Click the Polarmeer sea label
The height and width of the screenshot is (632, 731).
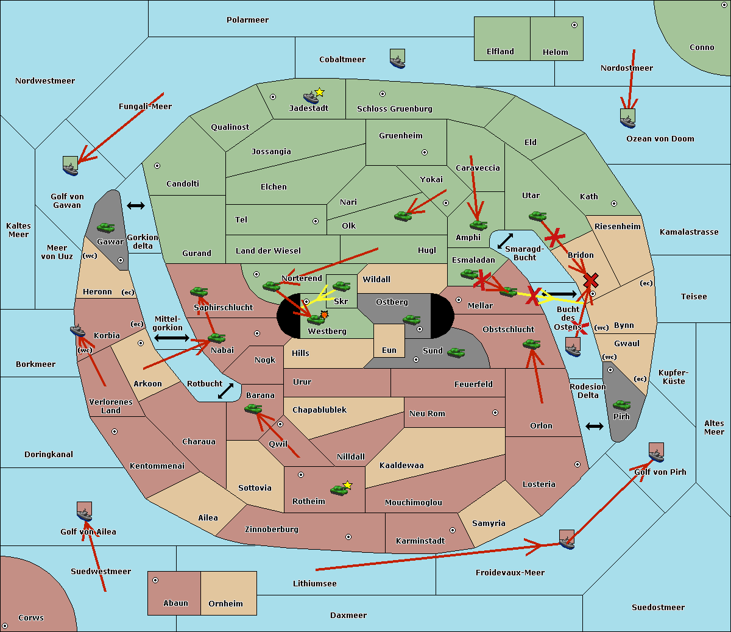coord(247,20)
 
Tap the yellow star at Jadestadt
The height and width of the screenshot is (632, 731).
coord(320,92)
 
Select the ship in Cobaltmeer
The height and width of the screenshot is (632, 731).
coord(397,59)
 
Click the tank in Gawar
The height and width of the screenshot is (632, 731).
coord(106,227)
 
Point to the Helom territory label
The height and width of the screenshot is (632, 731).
coord(555,52)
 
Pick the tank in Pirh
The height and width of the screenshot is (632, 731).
coord(621,405)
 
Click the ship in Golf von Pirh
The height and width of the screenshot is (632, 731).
coord(656,452)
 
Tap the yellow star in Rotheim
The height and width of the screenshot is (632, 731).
coord(348,485)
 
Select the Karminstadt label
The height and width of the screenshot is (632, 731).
coord(420,541)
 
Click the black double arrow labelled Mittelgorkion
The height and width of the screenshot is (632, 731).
coord(172,338)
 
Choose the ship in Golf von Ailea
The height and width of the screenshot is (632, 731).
coord(85,511)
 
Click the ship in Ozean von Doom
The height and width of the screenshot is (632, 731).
coord(627,118)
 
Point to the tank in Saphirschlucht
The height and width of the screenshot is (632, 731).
coord(199,292)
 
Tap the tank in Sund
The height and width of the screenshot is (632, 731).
coord(456,352)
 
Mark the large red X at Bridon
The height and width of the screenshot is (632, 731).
coord(590,280)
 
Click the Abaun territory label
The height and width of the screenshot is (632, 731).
coord(175,603)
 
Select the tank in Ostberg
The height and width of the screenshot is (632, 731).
coord(412,319)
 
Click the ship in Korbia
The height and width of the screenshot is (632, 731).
coord(78,330)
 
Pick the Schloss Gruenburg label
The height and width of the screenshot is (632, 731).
coord(394,109)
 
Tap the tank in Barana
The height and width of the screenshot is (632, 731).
coord(253,409)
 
